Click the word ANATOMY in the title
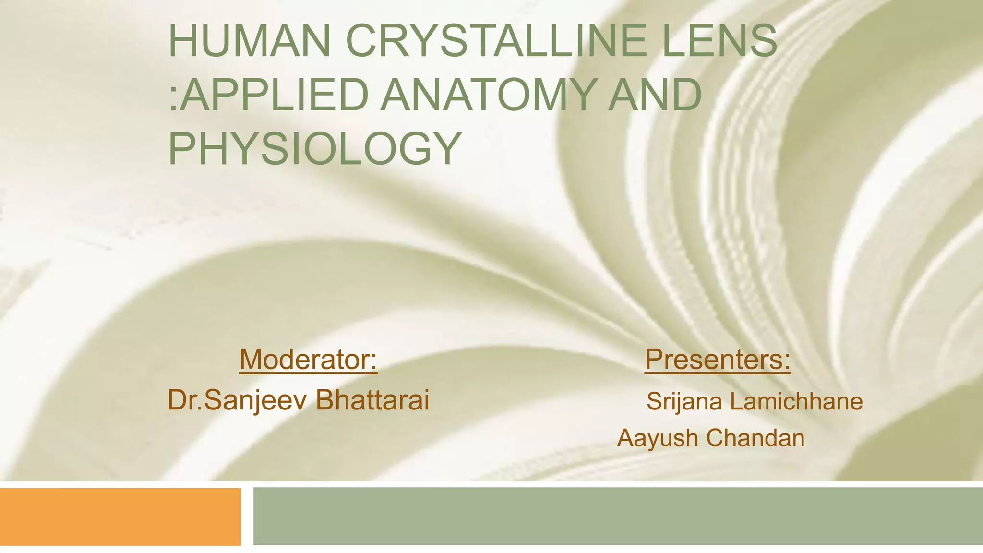pos(490,95)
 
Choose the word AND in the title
pos(655,95)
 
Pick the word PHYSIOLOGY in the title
pos(315,149)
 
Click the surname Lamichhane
pos(796,401)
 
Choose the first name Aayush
pos(658,438)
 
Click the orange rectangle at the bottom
pos(120,517)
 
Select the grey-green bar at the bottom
pos(618,516)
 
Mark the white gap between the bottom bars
pos(247,517)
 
